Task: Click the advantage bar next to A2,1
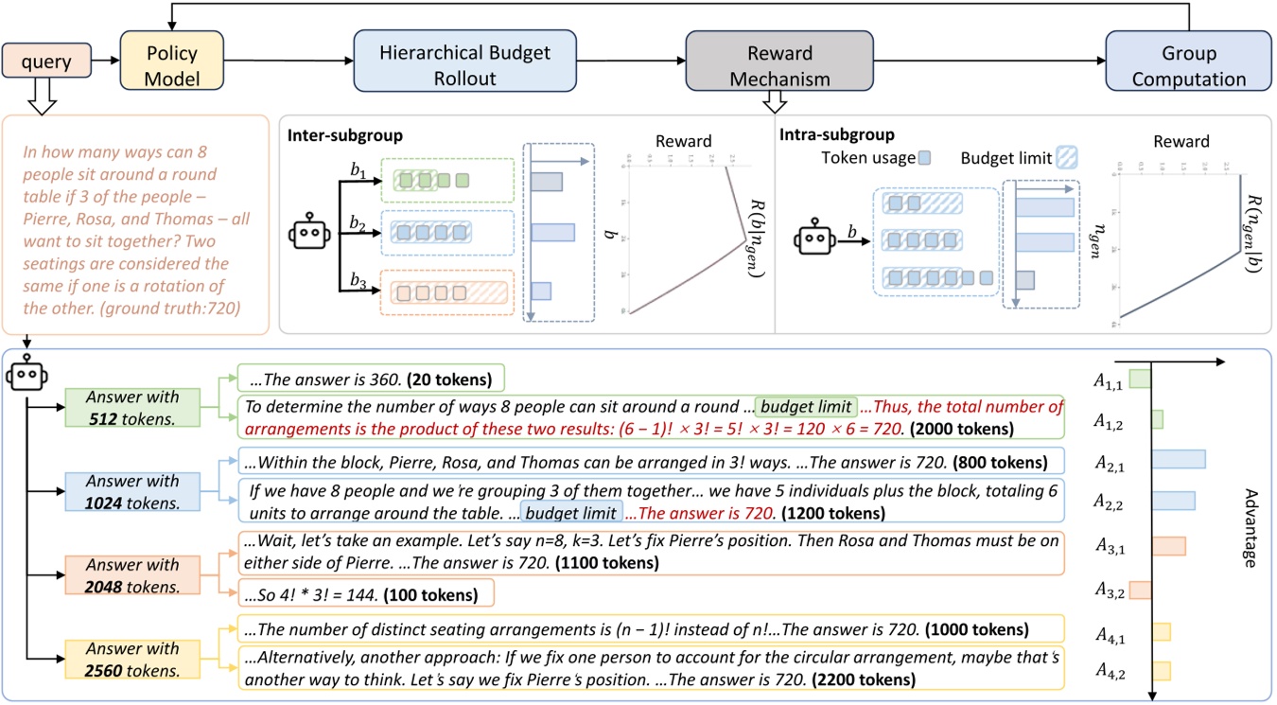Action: click(1177, 459)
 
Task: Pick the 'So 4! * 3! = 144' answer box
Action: click(365, 595)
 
